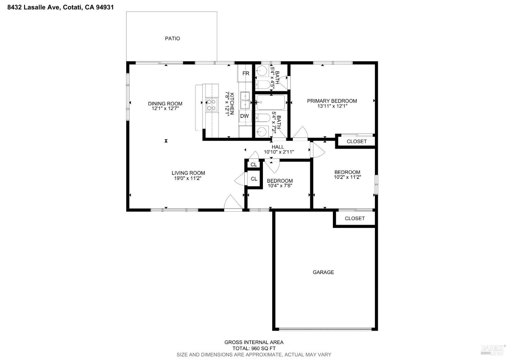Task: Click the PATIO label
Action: [x=172, y=38]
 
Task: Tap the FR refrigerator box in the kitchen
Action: [x=245, y=73]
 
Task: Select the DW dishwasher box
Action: [x=244, y=116]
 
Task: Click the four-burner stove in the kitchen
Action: [x=212, y=105]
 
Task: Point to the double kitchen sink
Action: [x=245, y=100]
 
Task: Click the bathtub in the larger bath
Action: [x=271, y=102]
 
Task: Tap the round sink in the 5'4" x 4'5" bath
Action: [x=262, y=71]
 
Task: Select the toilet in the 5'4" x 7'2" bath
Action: [x=263, y=118]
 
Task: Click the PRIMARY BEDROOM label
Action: [x=332, y=101]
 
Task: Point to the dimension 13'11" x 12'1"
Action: [x=332, y=106]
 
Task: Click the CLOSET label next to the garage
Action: [x=355, y=218]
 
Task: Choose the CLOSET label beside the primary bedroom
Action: [x=357, y=141]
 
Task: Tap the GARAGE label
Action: [x=323, y=272]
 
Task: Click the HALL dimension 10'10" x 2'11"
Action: [x=279, y=152]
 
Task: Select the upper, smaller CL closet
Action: [x=253, y=165]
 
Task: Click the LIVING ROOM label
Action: [x=188, y=173]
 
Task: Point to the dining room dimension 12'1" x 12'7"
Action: [x=165, y=109]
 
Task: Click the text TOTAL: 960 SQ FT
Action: [x=254, y=348]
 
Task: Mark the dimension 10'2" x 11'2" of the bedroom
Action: [x=347, y=177]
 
